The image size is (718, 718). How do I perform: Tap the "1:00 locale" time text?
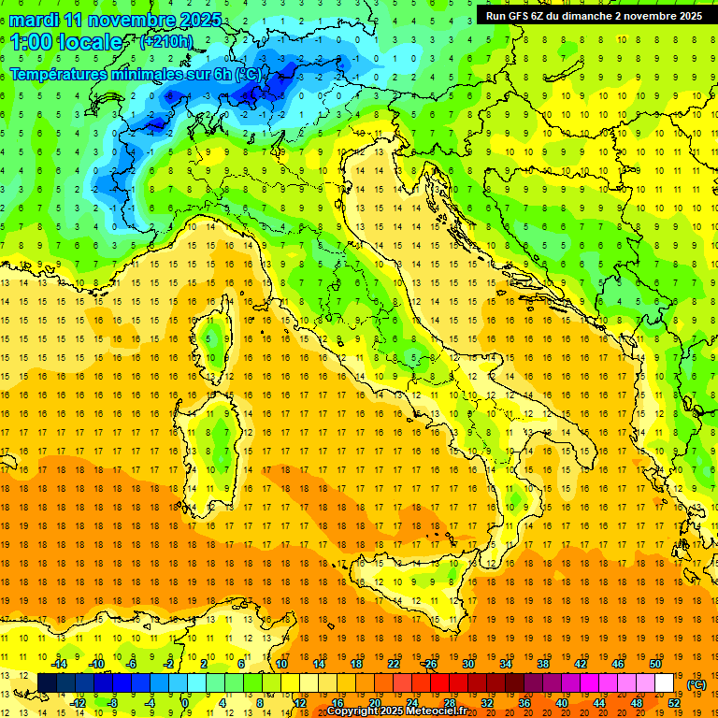tap(65, 42)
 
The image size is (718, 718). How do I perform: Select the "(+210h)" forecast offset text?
tap(166, 42)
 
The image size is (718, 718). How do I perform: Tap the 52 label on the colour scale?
tap(674, 703)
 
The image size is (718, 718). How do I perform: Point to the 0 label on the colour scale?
tap(185, 703)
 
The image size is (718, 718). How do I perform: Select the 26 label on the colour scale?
tap(430, 663)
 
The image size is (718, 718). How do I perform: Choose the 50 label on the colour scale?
tap(655, 663)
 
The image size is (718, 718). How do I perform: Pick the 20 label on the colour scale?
tap(375, 703)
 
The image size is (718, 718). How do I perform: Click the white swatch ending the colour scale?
tap(665, 682)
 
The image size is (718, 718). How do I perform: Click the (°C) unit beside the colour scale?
tap(696, 683)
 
